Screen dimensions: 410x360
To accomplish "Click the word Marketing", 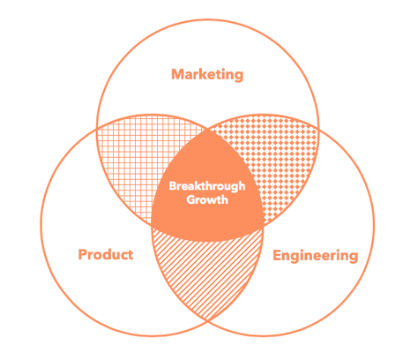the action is [x=207, y=75].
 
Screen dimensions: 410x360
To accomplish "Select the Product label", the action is [x=106, y=254].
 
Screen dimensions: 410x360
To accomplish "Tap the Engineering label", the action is [x=316, y=256].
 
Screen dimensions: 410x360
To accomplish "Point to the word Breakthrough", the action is [x=207, y=186].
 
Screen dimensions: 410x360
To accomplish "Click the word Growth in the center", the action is [x=207, y=199].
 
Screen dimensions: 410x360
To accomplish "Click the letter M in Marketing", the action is [x=178, y=74].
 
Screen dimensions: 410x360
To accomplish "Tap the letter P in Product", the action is [x=83, y=254].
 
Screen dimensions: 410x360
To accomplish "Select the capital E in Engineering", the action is [x=277, y=255].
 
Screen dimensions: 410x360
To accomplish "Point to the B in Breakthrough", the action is [x=173, y=186].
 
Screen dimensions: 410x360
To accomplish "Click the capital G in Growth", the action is [x=191, y=199].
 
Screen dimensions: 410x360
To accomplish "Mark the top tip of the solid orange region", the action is [x=207, y=128].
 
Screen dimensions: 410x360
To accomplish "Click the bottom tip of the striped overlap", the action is [x=207, y=321].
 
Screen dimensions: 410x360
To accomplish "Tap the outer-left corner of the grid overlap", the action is [x=97, y=129].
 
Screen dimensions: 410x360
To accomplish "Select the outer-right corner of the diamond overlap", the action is [x=318, y=128].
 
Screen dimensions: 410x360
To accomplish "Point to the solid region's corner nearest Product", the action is [x=152, y=226].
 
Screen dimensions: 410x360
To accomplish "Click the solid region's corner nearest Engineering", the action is [x=264, y=226].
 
